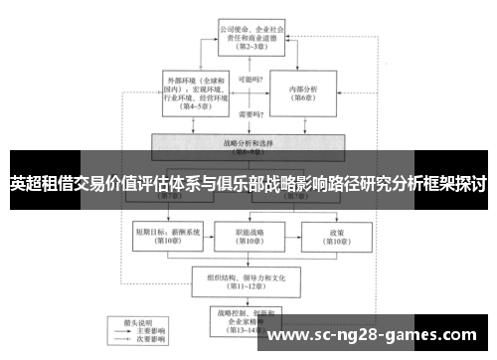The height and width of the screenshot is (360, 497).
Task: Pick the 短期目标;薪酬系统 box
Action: [160, 234]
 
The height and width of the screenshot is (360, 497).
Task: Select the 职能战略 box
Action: [248, 234]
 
